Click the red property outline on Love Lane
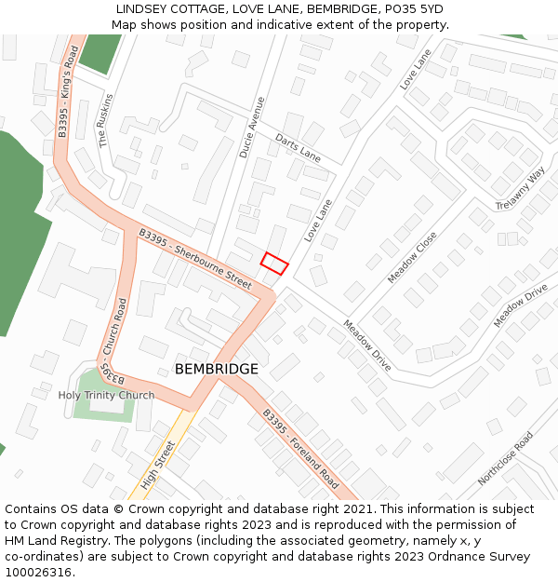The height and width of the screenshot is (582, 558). (x=274, y=263)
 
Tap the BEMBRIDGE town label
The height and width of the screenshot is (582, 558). (x=217, y=370)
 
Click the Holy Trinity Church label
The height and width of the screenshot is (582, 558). (x=106, y=395)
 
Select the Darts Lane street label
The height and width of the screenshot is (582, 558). (x=298, y=147)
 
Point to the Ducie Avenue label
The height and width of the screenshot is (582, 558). (x=252, y=127)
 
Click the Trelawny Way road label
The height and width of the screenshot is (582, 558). (x=521, y=189)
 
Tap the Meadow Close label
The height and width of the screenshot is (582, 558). (x=412, y=258)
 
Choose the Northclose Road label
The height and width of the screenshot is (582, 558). (x=505, y=459)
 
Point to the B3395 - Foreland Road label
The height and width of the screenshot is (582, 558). (x=299, y=450)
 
